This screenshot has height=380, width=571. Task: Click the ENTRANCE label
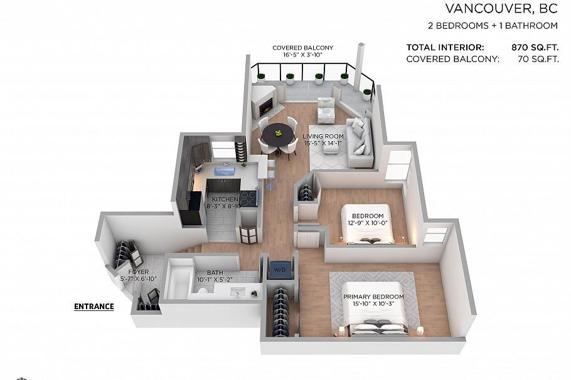coord(94,307)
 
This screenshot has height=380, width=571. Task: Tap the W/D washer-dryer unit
coord(280,270)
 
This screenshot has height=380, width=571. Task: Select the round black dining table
coord(278,134)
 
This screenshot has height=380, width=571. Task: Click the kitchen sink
coord(225,171)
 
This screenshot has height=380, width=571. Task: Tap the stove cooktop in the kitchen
coord(248,198)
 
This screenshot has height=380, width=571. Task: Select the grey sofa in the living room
coord(359,143)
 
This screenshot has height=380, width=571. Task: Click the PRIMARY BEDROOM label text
coord(373,297)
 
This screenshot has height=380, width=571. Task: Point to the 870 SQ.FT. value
coord(535,47)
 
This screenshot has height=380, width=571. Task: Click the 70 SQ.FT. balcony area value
coord(538,59)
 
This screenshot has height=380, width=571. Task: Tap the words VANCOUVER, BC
coord(501,9)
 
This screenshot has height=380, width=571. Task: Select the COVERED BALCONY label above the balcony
coord(303,48)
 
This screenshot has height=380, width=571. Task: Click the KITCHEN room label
coord(225,199)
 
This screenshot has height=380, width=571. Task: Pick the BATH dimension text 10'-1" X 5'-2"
coord(215,280)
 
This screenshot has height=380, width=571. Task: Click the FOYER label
coord(139,272)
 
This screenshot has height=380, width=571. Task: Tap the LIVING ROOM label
coord(323,137)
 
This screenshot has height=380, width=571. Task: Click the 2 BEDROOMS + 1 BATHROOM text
coord(493,26)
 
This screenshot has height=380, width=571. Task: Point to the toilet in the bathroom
coord(201,290)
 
